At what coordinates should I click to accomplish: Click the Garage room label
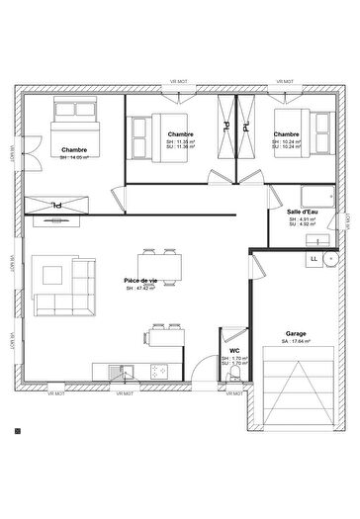[296, 334]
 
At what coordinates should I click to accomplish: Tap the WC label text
[234, 351]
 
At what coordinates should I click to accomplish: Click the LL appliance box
[314, 259]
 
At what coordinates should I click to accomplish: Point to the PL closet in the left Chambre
[57, 204]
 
